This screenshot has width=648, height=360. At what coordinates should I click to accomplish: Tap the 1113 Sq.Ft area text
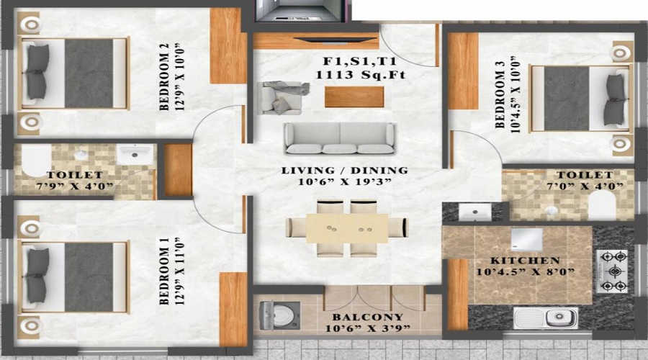361,75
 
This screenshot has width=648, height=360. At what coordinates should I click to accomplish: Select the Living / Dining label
345,171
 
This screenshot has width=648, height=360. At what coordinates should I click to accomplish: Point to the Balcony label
367,317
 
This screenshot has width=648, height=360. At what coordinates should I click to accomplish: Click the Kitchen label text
525,261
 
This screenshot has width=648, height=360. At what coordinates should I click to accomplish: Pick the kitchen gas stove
613,271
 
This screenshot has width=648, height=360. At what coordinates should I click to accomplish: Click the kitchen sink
546,318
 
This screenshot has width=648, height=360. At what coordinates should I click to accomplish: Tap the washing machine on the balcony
279,316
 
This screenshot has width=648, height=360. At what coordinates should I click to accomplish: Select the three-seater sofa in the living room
339,138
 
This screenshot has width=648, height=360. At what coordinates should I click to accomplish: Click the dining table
347,228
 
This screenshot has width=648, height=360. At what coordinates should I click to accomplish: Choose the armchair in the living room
281,98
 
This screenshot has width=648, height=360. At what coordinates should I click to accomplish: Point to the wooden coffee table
354,96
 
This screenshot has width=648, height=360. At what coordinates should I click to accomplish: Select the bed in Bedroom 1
74,277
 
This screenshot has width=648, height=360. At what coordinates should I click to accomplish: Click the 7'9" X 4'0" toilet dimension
75,186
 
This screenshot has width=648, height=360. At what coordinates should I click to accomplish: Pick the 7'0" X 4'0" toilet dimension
584,186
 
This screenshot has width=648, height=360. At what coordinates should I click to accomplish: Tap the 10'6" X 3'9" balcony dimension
367,328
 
